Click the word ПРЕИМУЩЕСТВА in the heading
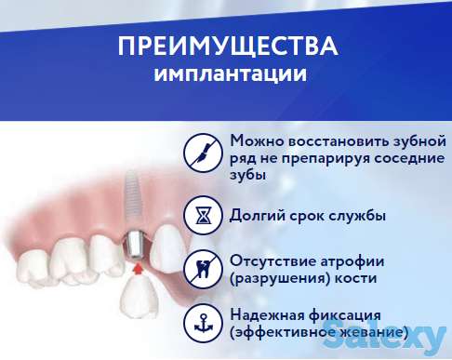pyautogui.click(x=228, y=47)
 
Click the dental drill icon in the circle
pyautogui.click(x=202, y=149)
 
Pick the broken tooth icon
pyautogui.click(x=202, y=268)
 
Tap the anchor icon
pyautogui.click(x=202, y=322)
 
